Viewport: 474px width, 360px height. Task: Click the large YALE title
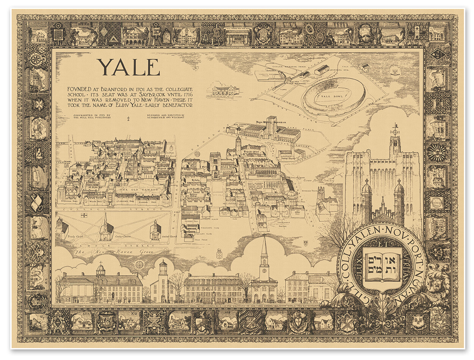point(128,68)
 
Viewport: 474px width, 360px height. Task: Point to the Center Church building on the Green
point(106,229)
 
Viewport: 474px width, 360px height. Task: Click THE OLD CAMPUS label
point(131,189)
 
